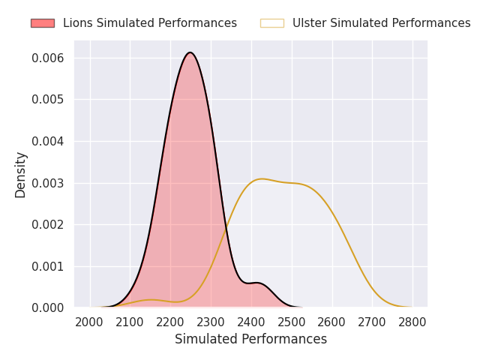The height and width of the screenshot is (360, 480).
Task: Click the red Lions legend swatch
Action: (x=42, y=23)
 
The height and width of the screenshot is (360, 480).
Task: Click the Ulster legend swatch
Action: (x=271, y=23)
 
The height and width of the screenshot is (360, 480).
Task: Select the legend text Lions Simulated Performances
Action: (x=150, y=23)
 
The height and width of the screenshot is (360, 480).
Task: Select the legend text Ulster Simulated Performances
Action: (x=381, y=23)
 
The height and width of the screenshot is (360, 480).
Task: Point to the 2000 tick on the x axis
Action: (x=90, y=322)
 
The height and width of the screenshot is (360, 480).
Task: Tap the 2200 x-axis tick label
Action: (x=170, y=322)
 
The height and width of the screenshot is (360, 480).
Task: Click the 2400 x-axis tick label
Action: (x=251, y=322)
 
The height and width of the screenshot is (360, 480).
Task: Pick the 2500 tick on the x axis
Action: (x=292, y=322)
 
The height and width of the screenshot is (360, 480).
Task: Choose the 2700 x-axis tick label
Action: (x=372, y=322)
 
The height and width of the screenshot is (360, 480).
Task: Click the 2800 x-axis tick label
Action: (x=412, y=322)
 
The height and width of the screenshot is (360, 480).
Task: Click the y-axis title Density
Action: (x=21, y=174)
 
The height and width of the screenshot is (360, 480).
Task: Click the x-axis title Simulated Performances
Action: (x=250, y=340)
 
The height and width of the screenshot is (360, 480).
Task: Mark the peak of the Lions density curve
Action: (x=190, y=52)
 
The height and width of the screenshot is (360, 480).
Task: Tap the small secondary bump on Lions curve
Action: (x=256, y=283)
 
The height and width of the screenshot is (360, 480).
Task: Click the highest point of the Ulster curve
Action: (x=262, y=178)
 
